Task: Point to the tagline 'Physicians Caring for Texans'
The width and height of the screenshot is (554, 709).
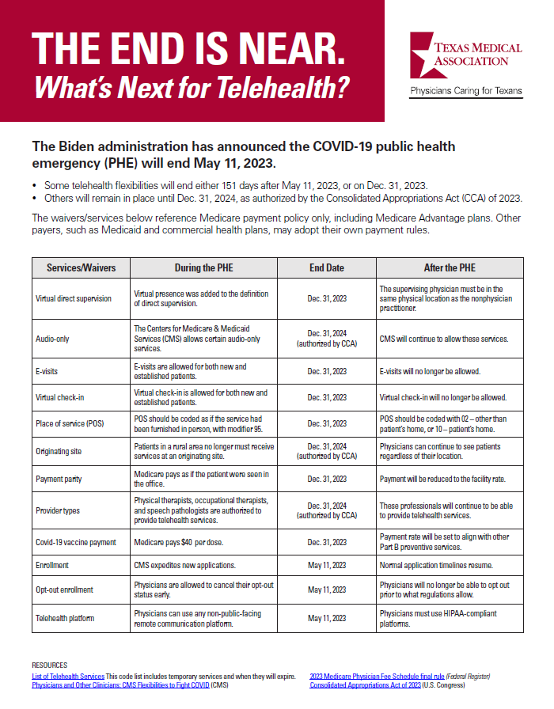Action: coord(465,91)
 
